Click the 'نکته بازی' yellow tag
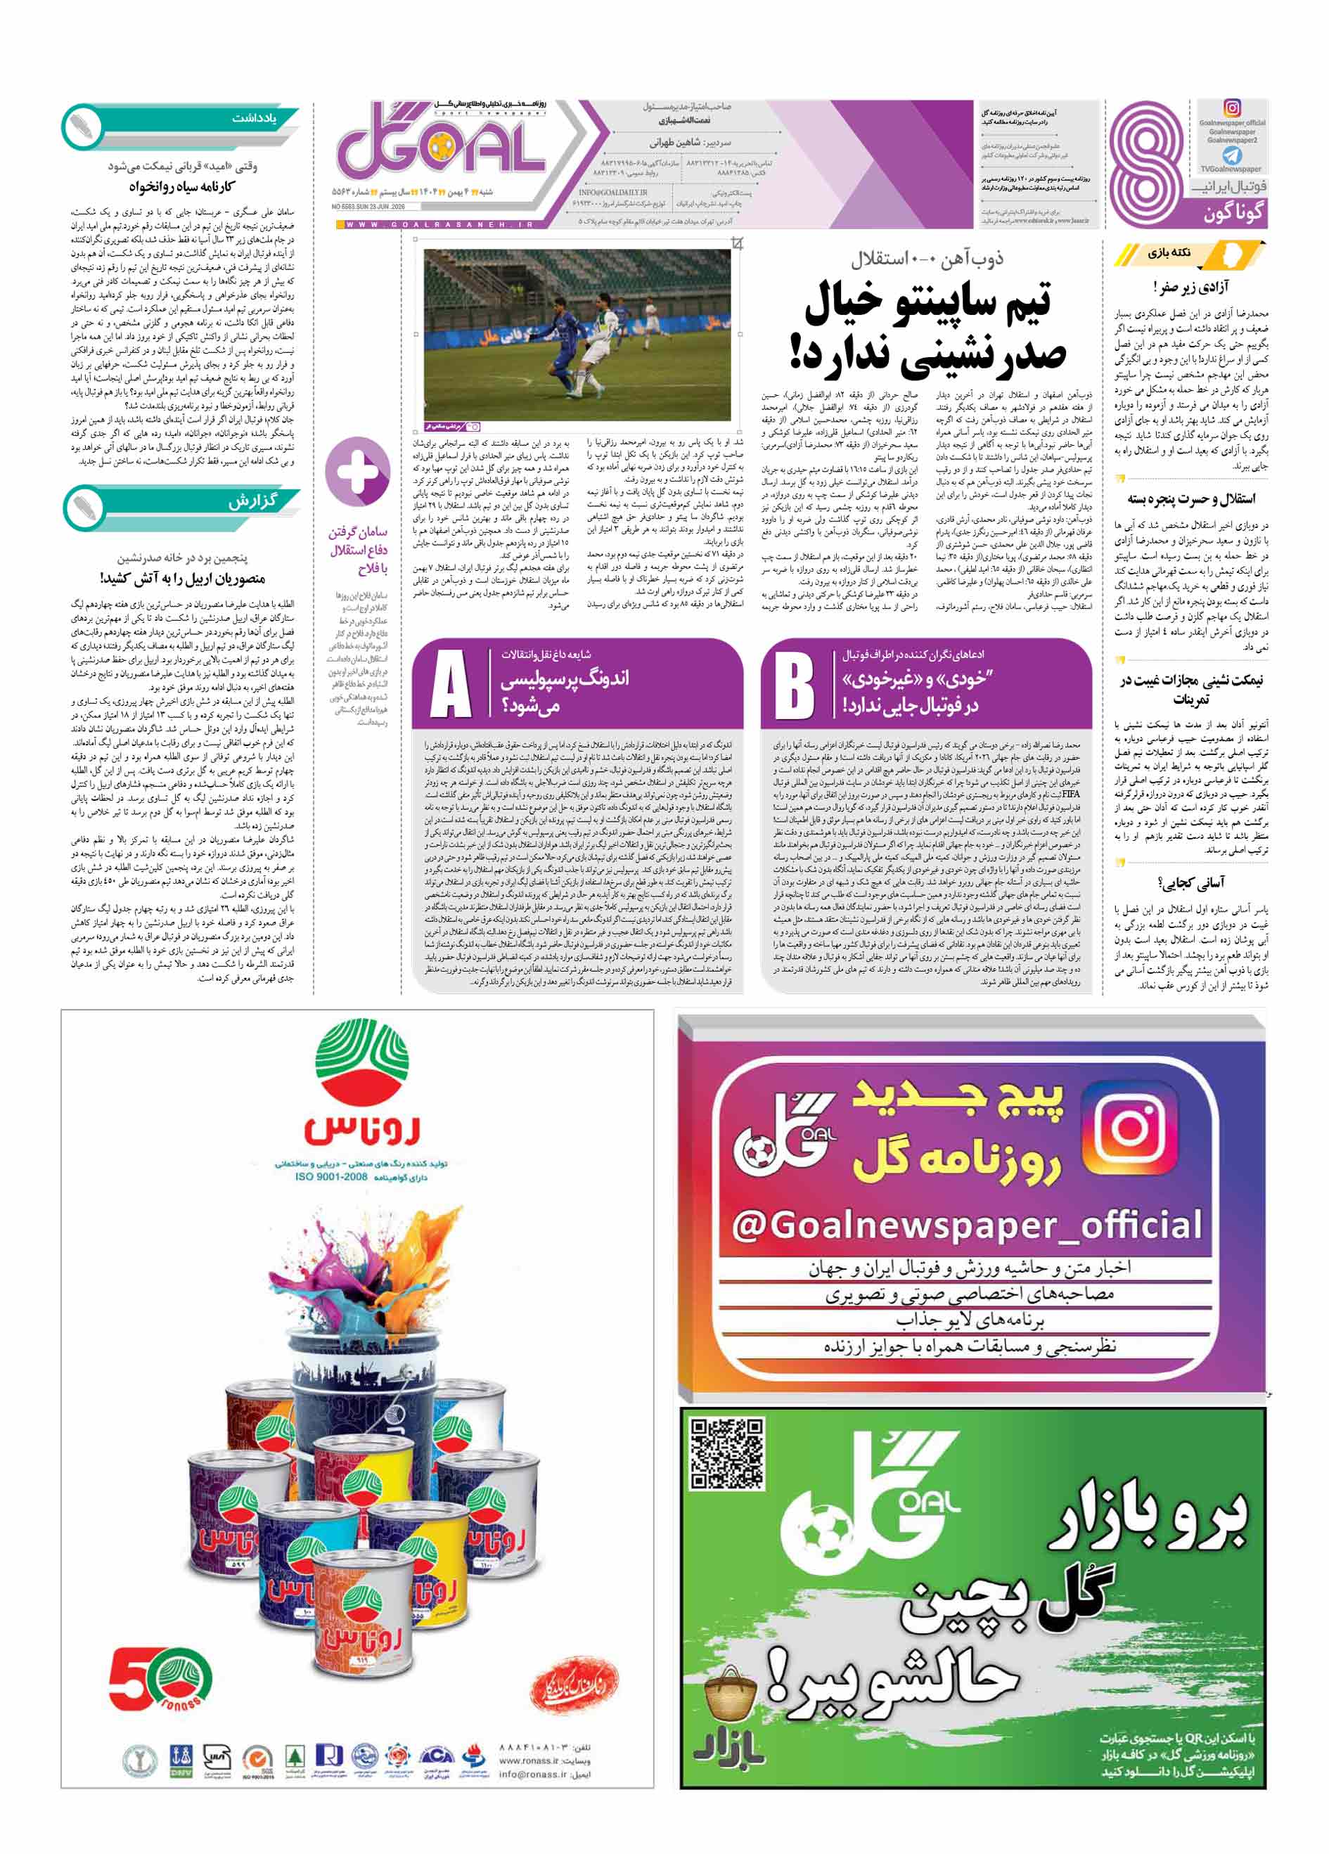click(x=1169, y=252)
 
